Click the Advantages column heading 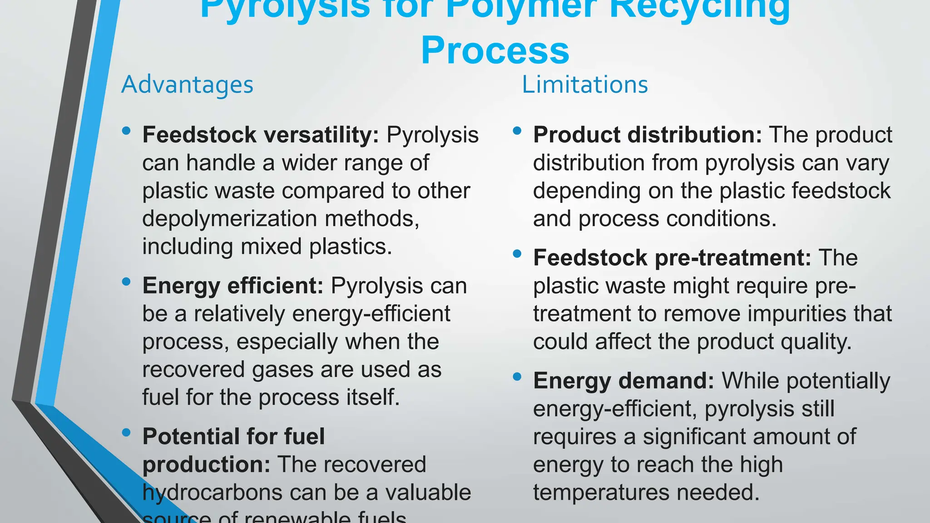coord(187,85)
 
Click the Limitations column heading coord(584,85)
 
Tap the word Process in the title coord(495,50)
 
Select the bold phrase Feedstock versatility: coord(261,135)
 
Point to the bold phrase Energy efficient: coord(232,286)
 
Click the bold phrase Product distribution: coord(647,135)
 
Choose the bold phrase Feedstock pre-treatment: coord(672,258)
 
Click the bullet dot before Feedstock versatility coord(126,131)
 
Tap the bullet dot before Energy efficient coord(126,282)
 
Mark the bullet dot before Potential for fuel coord(126,433)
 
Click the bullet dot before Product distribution coord(517,131)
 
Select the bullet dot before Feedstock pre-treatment coord(517,254)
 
